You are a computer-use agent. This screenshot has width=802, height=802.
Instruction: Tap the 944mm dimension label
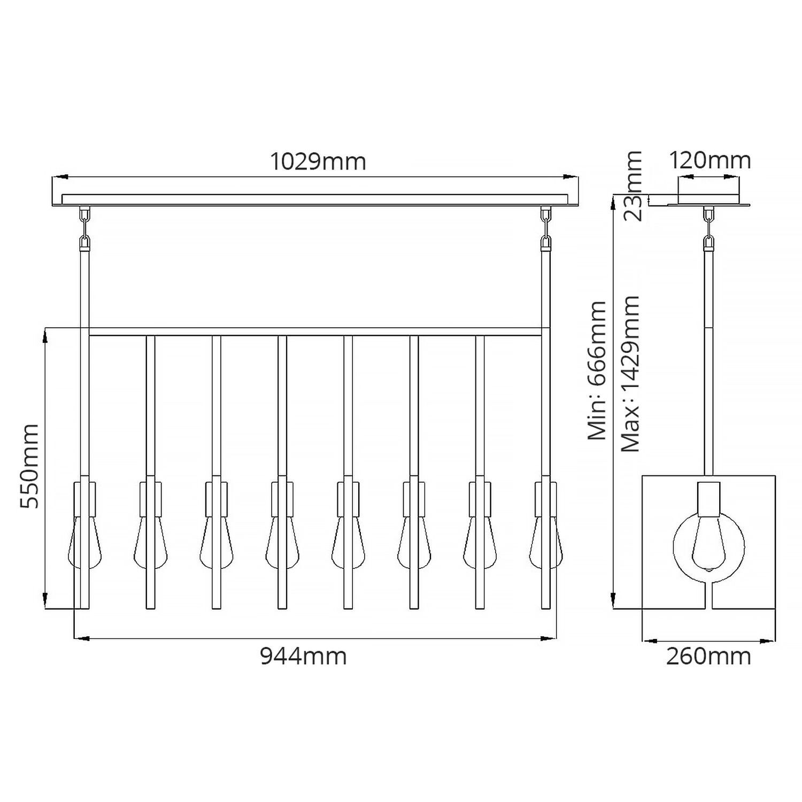[x=303, y=656]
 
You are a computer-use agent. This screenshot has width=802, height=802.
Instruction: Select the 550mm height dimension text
[x=29, y=466]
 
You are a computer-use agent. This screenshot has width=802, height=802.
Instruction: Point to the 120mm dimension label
[x=710, y=160]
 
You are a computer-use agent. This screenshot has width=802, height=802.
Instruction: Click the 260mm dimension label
[x=708, y=656]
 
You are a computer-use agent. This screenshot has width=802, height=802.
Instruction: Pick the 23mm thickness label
[x=633, y=186]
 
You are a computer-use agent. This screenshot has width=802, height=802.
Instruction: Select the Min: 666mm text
[x=597, y=371]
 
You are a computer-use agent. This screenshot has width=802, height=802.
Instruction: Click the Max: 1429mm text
[x=631, y=373]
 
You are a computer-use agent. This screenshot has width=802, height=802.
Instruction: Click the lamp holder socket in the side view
[x=709, y=498]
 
